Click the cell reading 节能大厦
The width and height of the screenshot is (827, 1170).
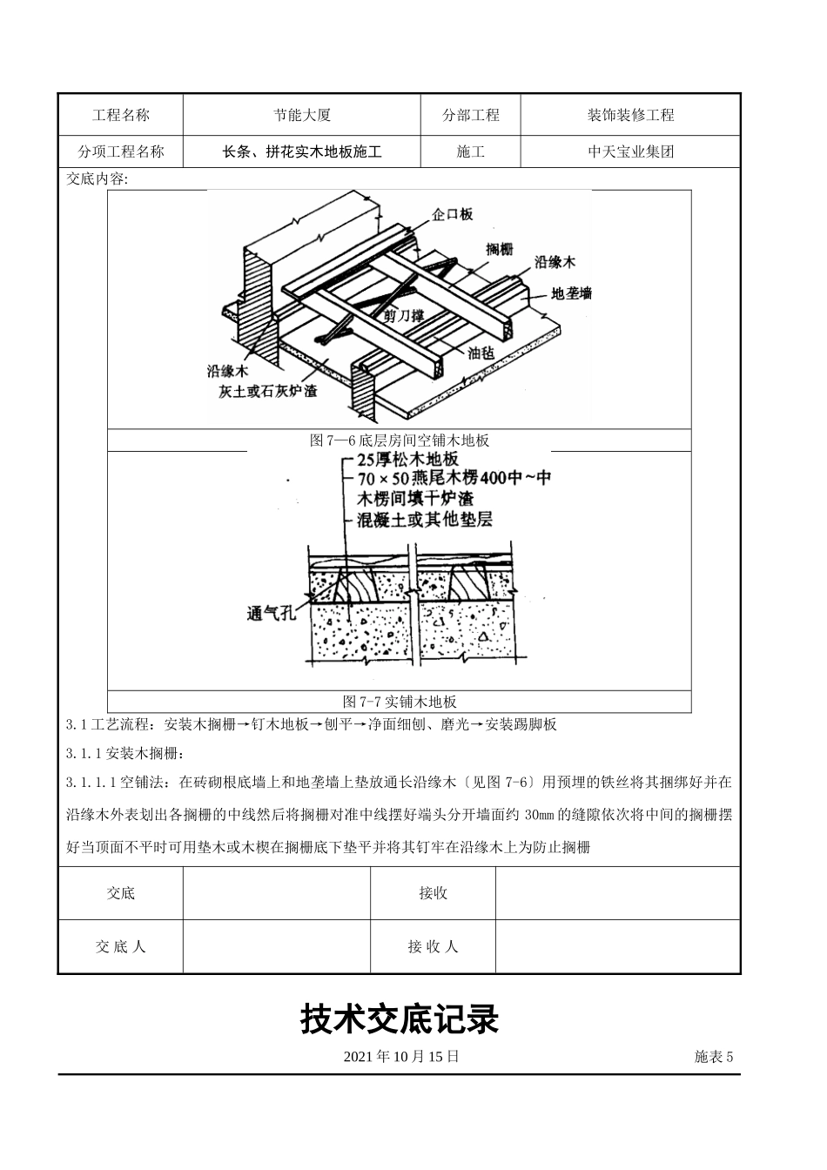point(301,115)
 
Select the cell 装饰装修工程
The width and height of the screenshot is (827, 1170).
point(630,115)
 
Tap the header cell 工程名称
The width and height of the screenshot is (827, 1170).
point(121,115)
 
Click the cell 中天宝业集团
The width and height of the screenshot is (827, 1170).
point(630,151)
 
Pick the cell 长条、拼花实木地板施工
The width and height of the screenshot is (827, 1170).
point(301,151)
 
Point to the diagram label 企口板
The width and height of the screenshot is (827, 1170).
point(452,214)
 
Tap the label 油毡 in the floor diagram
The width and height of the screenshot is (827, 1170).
point(481,353)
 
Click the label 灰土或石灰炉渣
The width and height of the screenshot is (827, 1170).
point(268,391)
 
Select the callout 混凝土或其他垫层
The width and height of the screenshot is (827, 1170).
point(425,520)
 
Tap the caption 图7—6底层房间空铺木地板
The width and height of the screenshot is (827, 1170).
point(400,440)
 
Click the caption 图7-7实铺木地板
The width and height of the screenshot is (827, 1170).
point(400,702)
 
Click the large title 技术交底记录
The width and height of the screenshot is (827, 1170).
point(400,1019)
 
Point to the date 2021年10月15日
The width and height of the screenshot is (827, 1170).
point(401,1057)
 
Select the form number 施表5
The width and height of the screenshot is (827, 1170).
point(714,1057)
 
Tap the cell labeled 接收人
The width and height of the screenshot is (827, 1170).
point(433,946)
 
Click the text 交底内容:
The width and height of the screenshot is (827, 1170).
point(97,179)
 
